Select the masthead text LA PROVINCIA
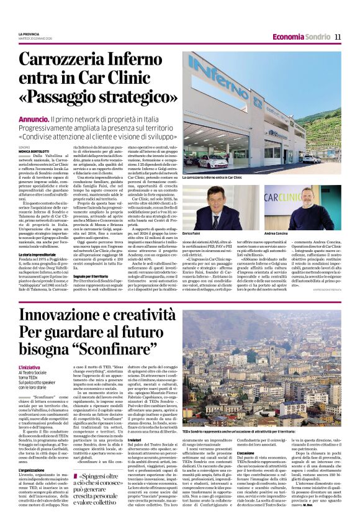click(x=30, y=34)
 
